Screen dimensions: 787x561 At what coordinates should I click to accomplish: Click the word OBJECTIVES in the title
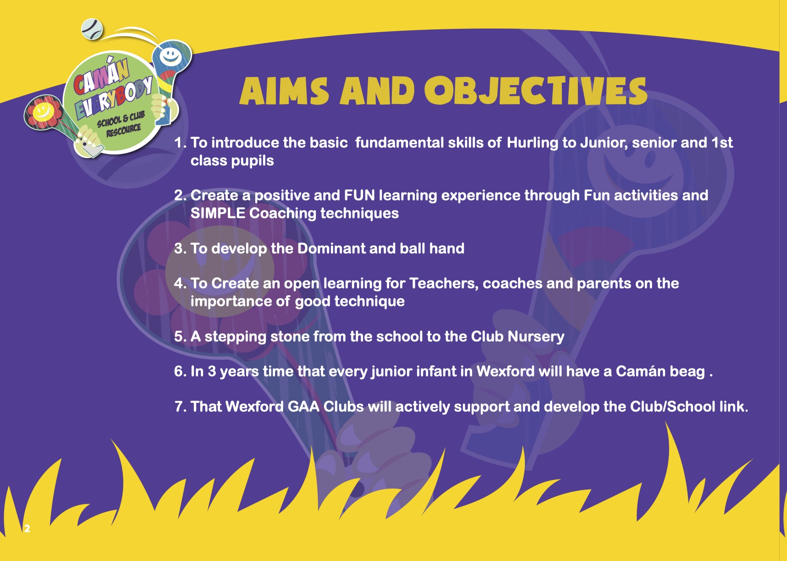click(535, 91)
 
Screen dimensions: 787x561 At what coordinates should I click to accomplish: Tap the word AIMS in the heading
click(284, 91)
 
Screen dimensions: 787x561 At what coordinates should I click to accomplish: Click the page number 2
click(27, 528)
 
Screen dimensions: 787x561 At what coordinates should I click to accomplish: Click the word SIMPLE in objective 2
click(218, 213)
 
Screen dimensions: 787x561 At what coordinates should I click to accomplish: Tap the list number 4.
click(180, 283)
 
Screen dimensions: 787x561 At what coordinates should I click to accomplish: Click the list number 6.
click(180, 371)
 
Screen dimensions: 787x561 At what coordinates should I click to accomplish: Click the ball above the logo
click(92, 29)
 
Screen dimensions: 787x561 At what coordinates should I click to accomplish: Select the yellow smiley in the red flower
click(42, 111)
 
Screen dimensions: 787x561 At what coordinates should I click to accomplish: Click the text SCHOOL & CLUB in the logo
click(121, 119)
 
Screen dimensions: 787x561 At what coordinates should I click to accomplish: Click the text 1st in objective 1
click(722, 143)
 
